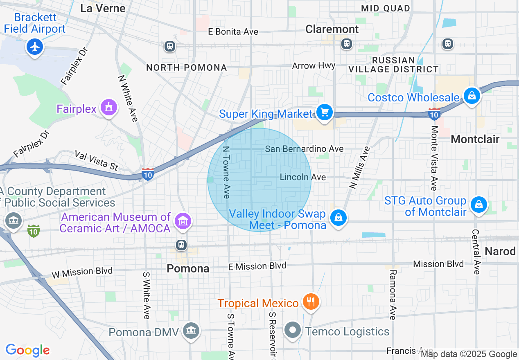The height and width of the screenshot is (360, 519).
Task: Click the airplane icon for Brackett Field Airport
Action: click(35, 47)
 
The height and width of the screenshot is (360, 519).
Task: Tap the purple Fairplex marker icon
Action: click(108, 108)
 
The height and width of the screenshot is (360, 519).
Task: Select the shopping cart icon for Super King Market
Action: click(325, 112)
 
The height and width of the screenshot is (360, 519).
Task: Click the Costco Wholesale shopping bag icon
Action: click(472, 96)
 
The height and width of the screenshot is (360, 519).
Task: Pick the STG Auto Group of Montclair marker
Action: click(478, 205)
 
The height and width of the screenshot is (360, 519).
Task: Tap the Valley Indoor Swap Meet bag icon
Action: click(338, 218)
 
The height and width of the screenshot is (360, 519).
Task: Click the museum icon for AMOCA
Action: click(183, 221)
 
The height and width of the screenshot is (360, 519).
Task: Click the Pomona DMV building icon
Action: click(191, 330)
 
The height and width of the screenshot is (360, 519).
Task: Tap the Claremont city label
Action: click(332, 29)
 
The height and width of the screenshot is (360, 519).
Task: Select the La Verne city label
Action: click(103, 8)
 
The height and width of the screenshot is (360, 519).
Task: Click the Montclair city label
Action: click(475, 139)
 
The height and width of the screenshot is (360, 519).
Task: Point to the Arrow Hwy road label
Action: click(314, 65)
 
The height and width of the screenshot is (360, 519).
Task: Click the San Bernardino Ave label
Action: click(304, 149)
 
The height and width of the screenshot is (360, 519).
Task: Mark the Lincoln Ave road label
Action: click(303, 177)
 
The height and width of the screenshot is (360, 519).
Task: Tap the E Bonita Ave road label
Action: click(233, 32)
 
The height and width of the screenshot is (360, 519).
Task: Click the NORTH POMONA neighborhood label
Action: click(186, 67)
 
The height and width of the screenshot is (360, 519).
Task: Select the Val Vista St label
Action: click(96, 160)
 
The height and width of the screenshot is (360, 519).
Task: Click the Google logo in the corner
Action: click(27, 350)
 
